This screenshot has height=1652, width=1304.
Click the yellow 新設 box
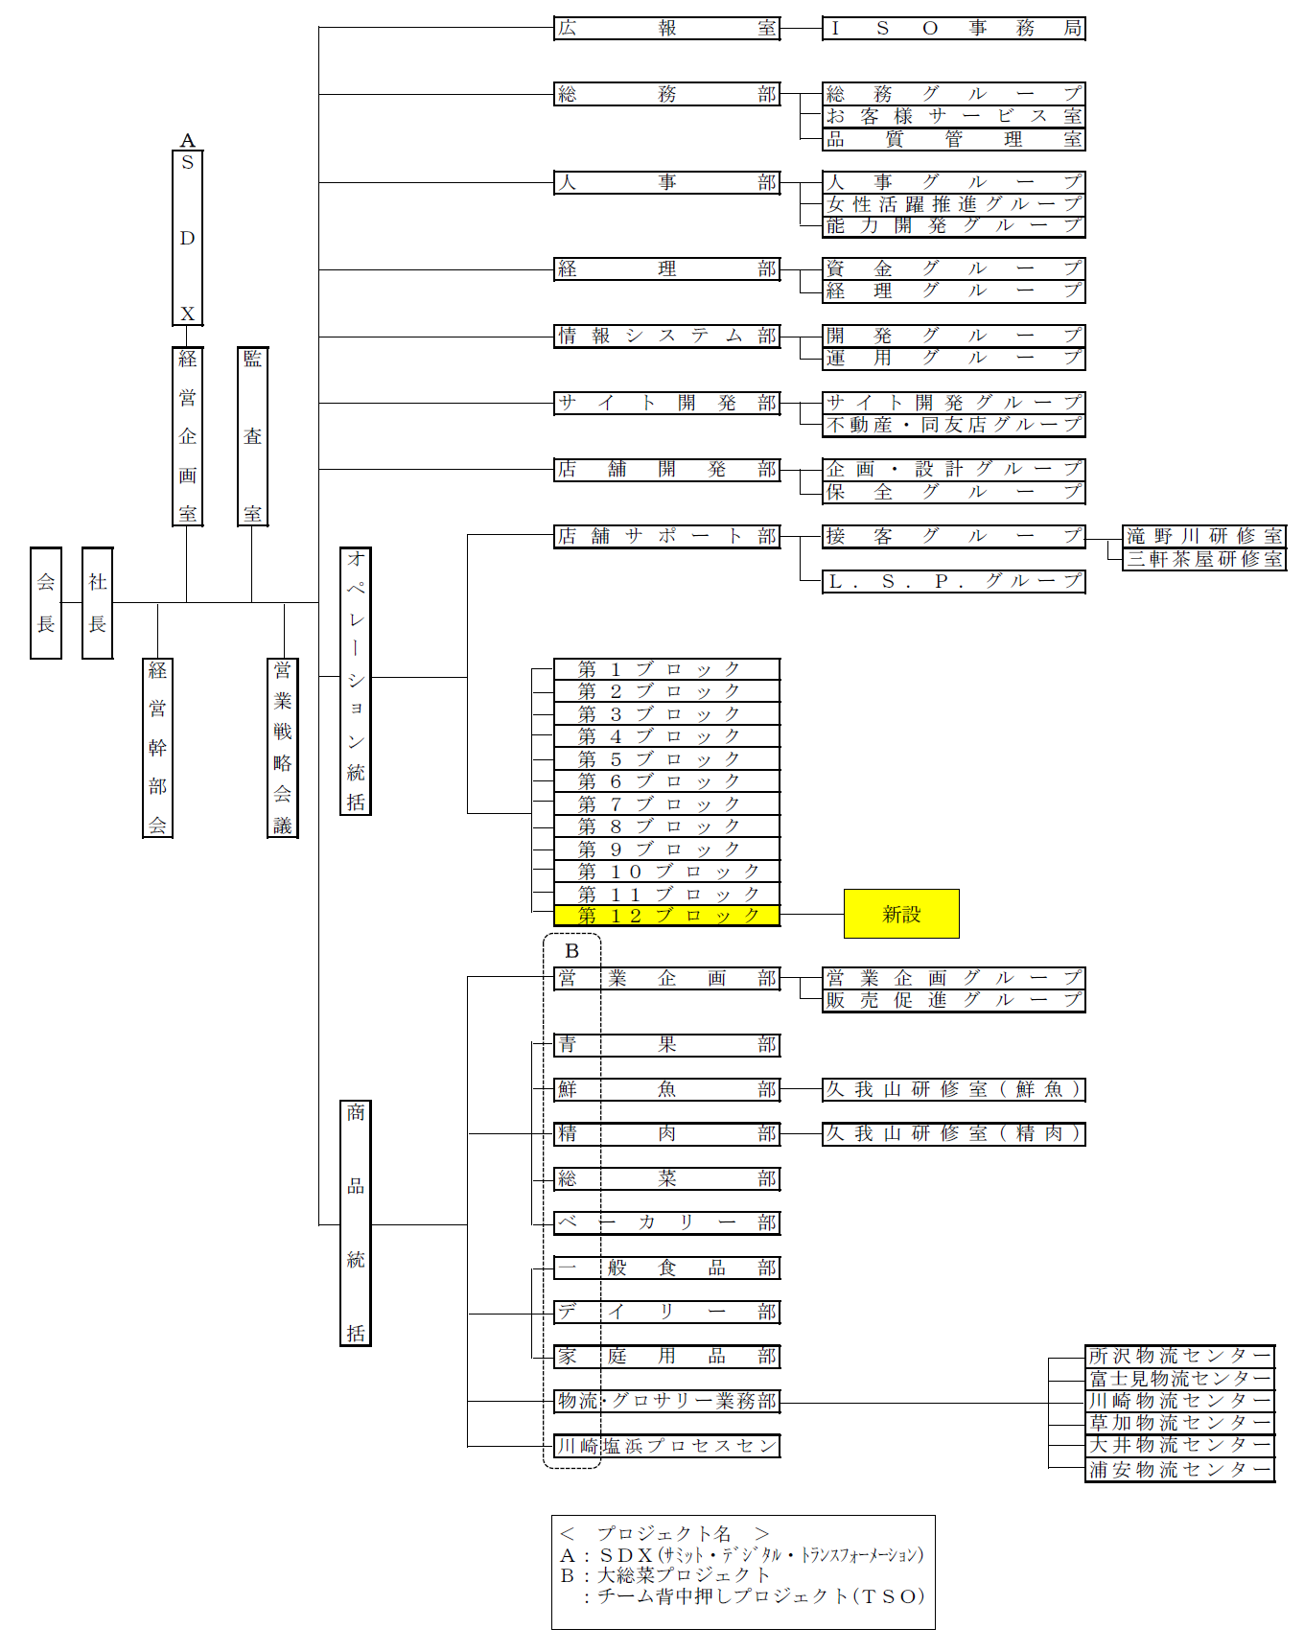point(901,914)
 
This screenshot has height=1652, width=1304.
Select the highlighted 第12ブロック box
point(667,916)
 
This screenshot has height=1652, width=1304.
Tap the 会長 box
point(46,603)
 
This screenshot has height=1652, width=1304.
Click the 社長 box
point(98,603)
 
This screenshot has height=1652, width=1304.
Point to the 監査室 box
point(252,436)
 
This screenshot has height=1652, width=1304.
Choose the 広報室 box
point(667,28)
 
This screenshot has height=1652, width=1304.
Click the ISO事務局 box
point(954,28)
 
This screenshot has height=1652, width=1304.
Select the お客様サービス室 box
point(954,116)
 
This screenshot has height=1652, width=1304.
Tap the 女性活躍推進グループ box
point(954,204)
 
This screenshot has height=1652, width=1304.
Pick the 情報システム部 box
point(667,336)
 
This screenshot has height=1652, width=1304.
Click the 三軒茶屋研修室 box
point(1204,559)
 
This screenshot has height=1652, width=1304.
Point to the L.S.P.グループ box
point(954,581)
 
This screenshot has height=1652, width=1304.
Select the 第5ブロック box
point(667,759)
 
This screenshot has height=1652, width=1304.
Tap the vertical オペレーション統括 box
point(356,681)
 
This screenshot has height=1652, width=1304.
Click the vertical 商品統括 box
point(356,1223)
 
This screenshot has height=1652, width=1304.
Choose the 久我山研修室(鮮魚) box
point(954,1089)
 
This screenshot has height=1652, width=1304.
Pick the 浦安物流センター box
point(1180,1470)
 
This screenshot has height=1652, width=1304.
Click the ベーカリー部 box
point(667,1222)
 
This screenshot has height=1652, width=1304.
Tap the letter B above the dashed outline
point(571,951)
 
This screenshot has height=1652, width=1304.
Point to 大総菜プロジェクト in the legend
point(684,1574)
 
